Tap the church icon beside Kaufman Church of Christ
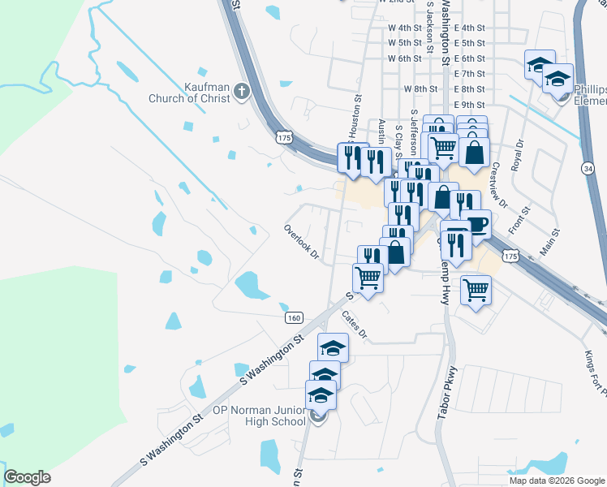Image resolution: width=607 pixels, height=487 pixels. pos(241,93)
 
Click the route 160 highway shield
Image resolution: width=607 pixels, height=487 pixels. pos(295,318)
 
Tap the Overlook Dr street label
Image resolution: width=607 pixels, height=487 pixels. pos(302,243)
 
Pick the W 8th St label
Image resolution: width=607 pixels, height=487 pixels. pos(420,89)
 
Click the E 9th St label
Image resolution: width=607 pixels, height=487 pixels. pos(470,106)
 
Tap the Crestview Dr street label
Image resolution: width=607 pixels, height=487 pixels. pos(498,184)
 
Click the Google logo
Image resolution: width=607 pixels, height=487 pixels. pos(27,477)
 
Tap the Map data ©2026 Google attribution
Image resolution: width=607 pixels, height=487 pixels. pos(557,481)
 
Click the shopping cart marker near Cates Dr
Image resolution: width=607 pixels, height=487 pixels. pos(368,278)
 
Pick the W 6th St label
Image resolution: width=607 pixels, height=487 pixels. pos(405,58)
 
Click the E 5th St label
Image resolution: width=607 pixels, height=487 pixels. pos(470,43)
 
